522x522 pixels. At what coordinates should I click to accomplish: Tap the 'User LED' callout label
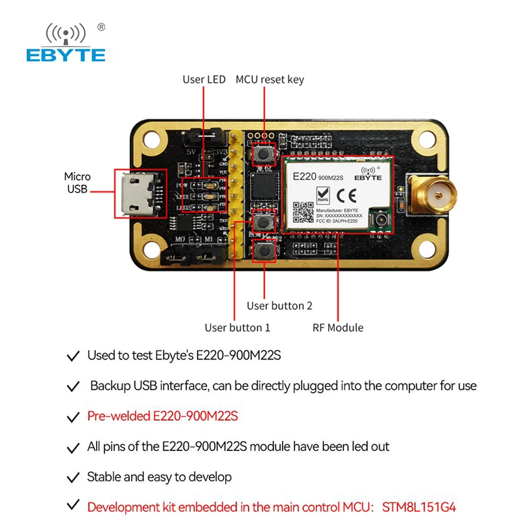click(x=204, y=80)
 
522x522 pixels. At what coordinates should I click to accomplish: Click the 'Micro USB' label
click(x=77, y=183)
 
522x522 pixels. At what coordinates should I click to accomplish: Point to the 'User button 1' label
click(x=237, y=328)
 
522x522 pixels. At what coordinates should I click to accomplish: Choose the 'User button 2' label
click(x=279, y=305)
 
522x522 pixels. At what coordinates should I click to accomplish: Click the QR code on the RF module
click(x=303, y=211)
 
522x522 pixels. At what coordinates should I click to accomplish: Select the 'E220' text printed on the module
click(x=304, y=176)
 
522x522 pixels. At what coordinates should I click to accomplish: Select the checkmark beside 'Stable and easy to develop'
click(x=74, y=477)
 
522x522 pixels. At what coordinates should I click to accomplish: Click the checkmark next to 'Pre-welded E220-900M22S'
click(x=74, y=416)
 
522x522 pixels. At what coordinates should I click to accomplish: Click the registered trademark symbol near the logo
click(x=101, y=27)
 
